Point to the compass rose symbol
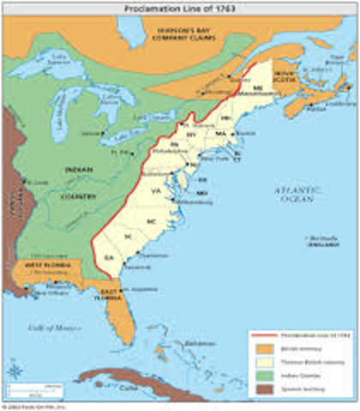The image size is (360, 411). coord(15,371)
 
